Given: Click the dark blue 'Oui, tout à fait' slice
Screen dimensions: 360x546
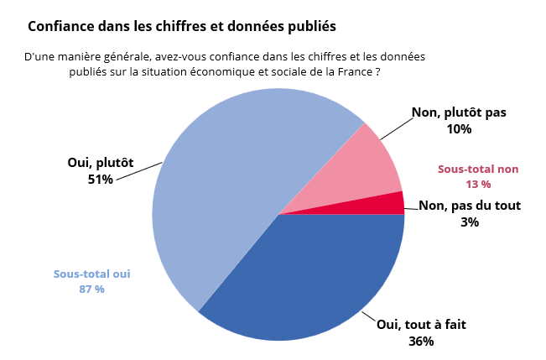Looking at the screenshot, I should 310,277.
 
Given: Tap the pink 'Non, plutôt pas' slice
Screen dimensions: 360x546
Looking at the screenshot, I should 361,168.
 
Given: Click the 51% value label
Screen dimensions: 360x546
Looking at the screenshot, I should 100,179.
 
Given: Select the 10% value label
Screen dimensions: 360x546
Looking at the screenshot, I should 459,129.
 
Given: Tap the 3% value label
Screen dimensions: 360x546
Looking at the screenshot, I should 470,222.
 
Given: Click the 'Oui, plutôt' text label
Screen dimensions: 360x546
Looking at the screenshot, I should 100,163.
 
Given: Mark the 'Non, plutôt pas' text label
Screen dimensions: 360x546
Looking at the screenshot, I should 459,112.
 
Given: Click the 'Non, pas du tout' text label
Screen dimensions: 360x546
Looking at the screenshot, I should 470,206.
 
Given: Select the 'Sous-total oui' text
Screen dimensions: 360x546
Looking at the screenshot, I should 91,274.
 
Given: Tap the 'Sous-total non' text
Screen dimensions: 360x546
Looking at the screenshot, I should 478,169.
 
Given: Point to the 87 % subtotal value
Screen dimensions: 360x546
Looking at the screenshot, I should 91,290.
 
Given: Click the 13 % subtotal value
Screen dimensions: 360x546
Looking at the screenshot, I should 478,184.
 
